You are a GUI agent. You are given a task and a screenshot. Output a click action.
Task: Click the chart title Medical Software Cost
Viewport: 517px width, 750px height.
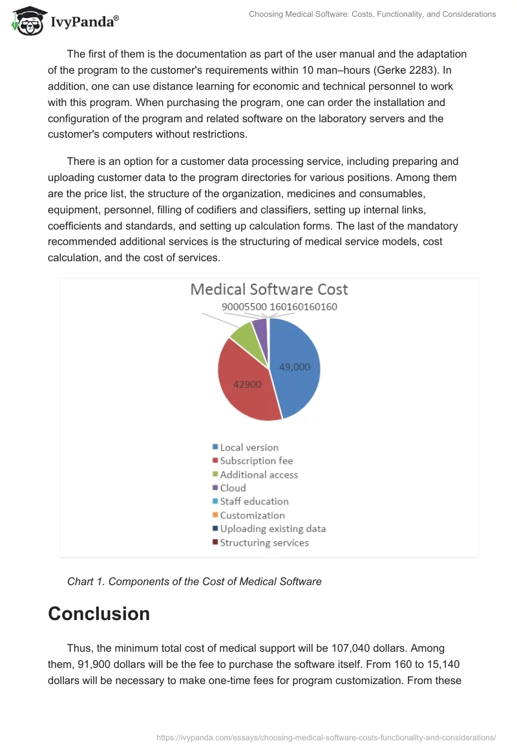click(x=269, y=289)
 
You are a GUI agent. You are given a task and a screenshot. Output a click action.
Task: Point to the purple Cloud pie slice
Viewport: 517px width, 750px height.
click(x=260, y=327)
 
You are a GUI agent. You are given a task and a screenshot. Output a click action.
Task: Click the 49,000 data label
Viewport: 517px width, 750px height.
click(x=294, y=367)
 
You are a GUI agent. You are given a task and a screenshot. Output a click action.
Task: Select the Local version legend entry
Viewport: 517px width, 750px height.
click(x=249, y=447)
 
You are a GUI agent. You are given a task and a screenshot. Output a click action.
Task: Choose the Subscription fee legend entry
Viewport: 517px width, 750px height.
click(x=256, y=461)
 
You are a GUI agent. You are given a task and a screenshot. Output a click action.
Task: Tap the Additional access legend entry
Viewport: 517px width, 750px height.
click(x=258, y=475)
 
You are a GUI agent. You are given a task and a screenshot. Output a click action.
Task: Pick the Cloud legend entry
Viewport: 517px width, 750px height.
click(x=233, y=488)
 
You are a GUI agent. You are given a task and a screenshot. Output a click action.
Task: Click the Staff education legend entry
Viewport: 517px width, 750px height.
click(x=254, y=502)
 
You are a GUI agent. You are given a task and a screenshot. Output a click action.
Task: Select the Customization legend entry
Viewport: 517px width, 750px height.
click(x=252, y=515)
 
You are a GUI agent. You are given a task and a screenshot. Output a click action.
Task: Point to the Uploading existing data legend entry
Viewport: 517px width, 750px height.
click(x=272, y=529)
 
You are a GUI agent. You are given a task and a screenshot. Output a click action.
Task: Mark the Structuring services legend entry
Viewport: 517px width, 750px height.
click(x=264, y=542)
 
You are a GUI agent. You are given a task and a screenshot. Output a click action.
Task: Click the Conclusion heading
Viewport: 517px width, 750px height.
click(x=99, y=614)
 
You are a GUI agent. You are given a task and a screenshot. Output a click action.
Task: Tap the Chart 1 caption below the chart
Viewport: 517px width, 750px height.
click(x=194, y=581)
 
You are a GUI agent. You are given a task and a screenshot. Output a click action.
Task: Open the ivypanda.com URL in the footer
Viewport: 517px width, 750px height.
click(x=326, y=736)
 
